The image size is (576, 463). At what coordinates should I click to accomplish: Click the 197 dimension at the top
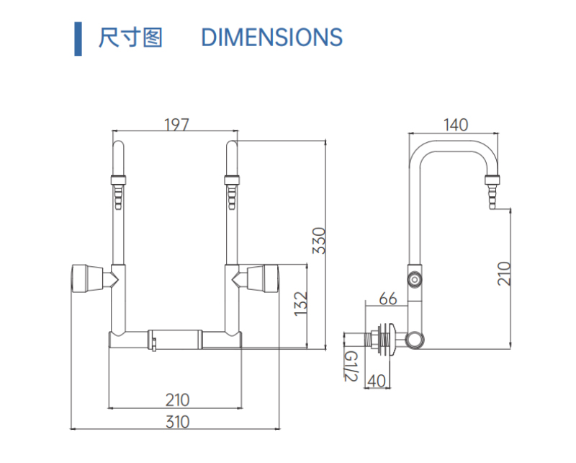point(176,124)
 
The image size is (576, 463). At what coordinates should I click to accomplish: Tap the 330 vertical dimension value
point(319,240)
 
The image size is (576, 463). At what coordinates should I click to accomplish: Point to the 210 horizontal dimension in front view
point(177,399)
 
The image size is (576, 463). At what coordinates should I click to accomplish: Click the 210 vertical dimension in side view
point(505,273)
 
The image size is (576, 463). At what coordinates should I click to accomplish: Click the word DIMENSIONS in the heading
point(271,37)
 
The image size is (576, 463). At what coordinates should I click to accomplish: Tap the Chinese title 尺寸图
point(130,37)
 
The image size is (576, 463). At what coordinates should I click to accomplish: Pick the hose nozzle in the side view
point(492,192)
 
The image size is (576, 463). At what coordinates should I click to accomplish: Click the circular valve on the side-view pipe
point(414,279)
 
